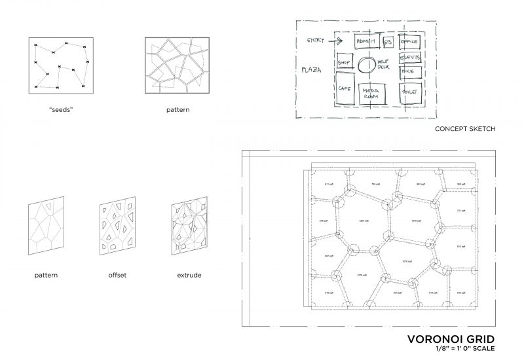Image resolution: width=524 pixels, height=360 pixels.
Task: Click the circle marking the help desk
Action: pyautogui.click(x=367, y=65)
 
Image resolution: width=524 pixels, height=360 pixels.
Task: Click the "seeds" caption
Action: pyautogui.click(x=61, y=109)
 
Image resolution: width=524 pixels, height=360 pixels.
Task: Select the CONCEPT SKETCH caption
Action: pyautogui.click(x=464, y=130)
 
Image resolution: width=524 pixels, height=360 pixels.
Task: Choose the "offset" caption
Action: pyautogui.click(x=117, y=276)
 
